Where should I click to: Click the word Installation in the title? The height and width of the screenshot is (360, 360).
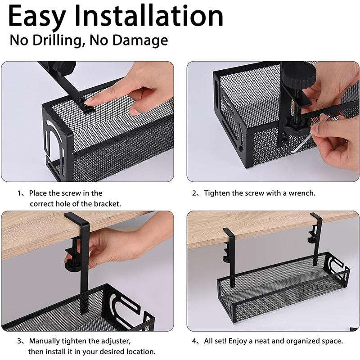point(149,16)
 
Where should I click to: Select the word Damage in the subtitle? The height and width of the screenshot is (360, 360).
point(140,40)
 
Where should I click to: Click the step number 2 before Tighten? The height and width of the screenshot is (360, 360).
point(194,193)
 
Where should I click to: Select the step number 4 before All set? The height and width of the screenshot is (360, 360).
point(194,341)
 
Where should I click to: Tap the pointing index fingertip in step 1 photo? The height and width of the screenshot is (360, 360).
point(89,101)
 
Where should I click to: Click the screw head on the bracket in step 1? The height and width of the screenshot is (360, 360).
point(81,100)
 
